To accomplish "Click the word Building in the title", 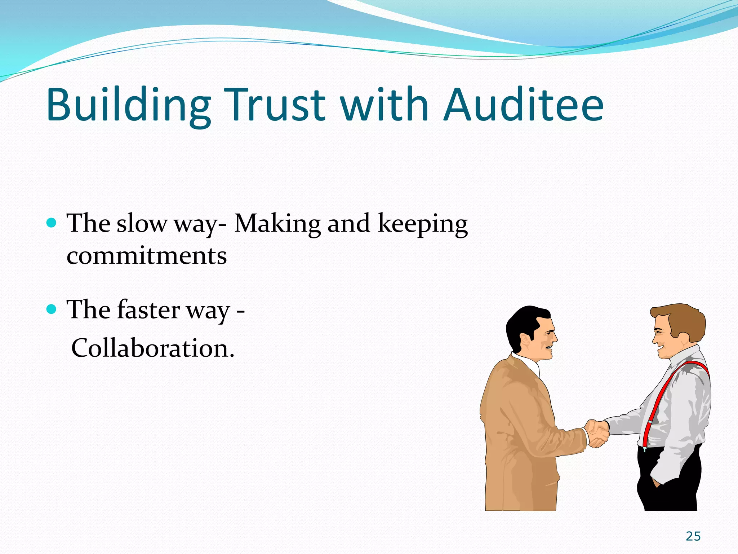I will pyautogui.click(x=128, y=105).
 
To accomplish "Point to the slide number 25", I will pyautogui.click(x=693, y=536).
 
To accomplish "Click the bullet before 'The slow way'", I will pyautogui.click(x=52, y=222).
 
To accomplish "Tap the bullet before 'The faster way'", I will pyautogui.click(x=52, y=309).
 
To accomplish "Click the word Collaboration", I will pyautogui.click(x=153, y=348).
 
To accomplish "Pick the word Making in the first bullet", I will pyautogui.click(x=277, y=223).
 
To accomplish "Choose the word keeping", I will pyautogui.click(x=423, y=224).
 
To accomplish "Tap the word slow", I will pyautogui.click(x=141, y=223).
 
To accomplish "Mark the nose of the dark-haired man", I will pyautogui.click(x=555, y=337).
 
